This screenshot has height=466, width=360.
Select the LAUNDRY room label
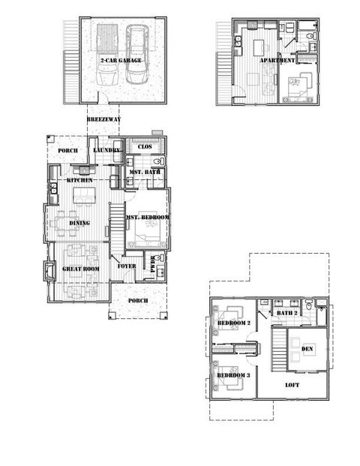point(107,151)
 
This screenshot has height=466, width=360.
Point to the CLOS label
point(145,146)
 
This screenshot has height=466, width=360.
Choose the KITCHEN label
point(80,181)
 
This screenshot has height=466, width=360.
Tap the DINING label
point(80,223)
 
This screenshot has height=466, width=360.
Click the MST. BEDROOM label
point(148,218)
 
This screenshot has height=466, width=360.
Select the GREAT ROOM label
point(81,269)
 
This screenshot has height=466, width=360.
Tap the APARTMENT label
point(277,60)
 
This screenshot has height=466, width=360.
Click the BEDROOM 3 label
point(232,375)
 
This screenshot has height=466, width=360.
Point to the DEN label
point(307,349)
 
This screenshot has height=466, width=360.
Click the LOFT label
point(292,386)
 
